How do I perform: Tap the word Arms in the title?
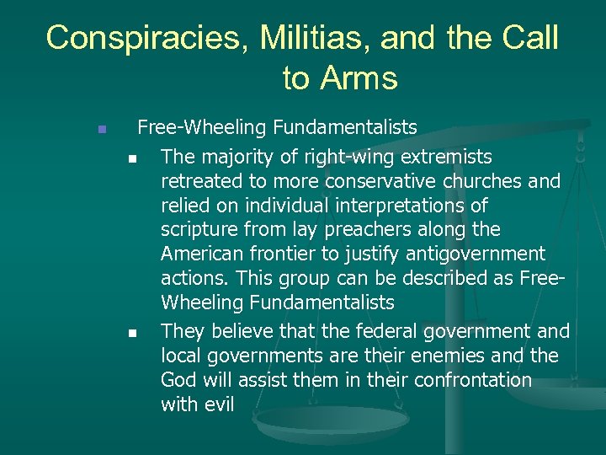click(x=362, y=78)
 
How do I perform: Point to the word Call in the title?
click(x=528, y=38)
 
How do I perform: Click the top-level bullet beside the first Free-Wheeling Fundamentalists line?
click(x=101, y=130)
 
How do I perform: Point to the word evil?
click(x=217, y=404)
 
